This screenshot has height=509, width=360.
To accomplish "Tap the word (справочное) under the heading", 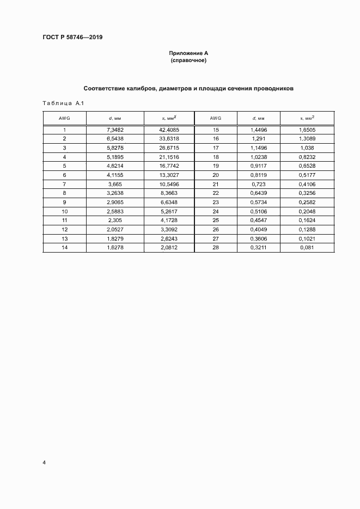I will (x=188, y=60).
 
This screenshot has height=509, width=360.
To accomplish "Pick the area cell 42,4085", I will (x=169, y=130).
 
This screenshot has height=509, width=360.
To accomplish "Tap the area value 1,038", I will (x=307, y=148).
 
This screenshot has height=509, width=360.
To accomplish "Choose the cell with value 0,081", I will (x=307, y=247).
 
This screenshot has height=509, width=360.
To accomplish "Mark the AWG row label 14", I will (x=64, y=247).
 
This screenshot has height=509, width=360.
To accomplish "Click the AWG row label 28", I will (x=216, y=247).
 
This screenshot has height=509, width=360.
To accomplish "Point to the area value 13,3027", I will (x=169, y=175).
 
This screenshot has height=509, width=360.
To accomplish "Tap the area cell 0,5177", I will (x=307, y=175).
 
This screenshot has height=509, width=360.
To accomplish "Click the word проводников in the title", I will (x=274, y=88).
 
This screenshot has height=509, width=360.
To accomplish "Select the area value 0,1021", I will (x=307, y=238).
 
